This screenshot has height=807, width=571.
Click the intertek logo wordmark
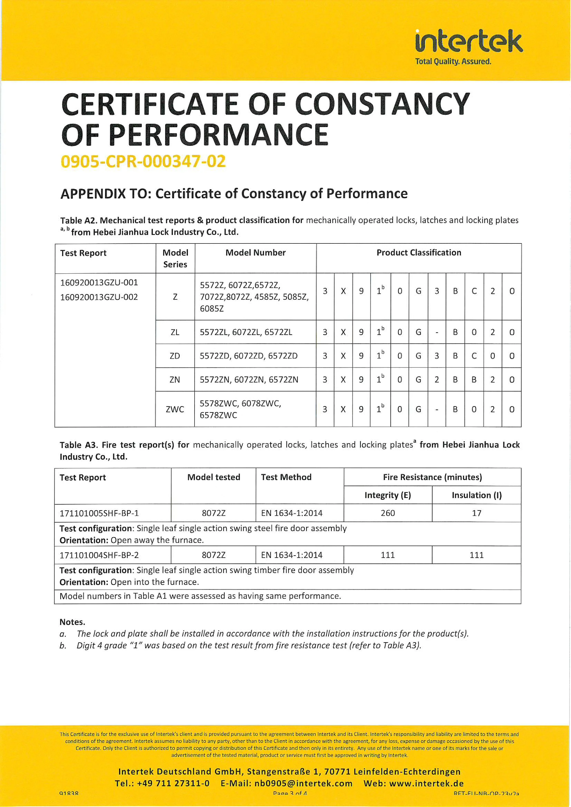469,41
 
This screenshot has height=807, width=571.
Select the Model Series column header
175,258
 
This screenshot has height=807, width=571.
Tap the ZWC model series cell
175,409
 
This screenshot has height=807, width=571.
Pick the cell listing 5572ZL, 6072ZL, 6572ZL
246,332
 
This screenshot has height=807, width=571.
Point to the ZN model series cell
175,380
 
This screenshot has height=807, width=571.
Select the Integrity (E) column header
387,495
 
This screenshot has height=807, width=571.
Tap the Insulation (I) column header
476,495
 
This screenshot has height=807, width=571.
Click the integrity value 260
387,513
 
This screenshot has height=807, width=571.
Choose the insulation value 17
476,513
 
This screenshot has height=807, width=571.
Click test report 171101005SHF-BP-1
99,513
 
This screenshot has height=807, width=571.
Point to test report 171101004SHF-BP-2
99,555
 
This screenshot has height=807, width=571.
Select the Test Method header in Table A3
286,477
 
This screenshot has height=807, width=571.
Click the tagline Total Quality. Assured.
453,61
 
